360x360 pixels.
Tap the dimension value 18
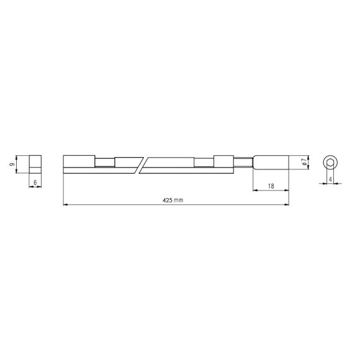(271, 185)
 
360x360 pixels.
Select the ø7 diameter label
(303, 163)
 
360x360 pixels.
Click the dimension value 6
(35, 182)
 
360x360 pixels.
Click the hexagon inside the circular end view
(331, 163)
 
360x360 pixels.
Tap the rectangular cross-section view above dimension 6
(35, 163)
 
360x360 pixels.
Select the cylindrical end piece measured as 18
(271, 163)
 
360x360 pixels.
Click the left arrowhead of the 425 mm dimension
(66, 204)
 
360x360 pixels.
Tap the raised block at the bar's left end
(79, 160)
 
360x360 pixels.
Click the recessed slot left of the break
(104, 163)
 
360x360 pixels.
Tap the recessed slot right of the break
(203, 163)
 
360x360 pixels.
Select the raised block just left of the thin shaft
(223, 160)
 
